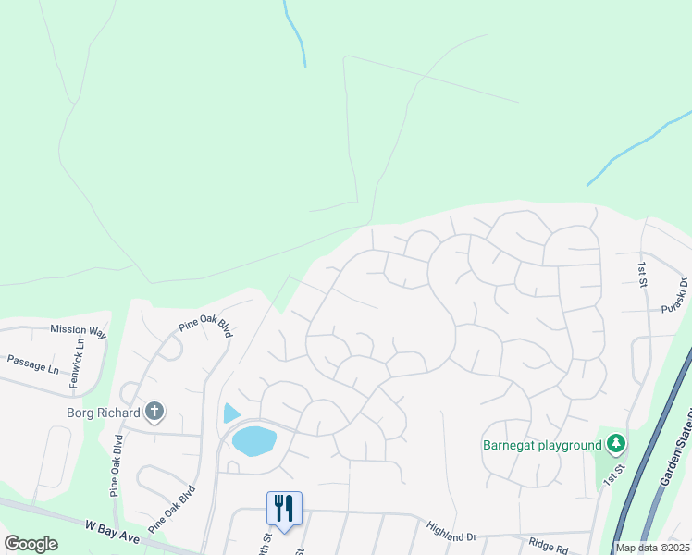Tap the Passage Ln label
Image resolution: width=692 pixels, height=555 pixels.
pyautogui.click(x=32, y=363)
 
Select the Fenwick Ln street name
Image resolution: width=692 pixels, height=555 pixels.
pyautogui.click(x=80, y=352)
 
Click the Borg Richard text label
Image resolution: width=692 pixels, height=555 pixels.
pyautogui.click(x=104, y=413)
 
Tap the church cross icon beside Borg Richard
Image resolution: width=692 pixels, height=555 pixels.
pyautogui.click(x=154, y=412)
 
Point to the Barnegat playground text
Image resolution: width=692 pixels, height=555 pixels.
pyautogui.click(x=542, y=445)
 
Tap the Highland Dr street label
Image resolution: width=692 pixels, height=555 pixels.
pyautogui.click(x=451, y=531)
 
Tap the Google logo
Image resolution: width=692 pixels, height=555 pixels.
pyautogui.click(x=31, y=543)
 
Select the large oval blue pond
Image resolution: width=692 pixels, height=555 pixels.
pyautogui.click(x=254, y=440)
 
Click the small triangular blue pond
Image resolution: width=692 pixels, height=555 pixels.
pyautogui.click(x=230, y=413)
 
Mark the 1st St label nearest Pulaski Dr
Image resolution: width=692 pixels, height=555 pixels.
pyautogui.click(x=642, y=274)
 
